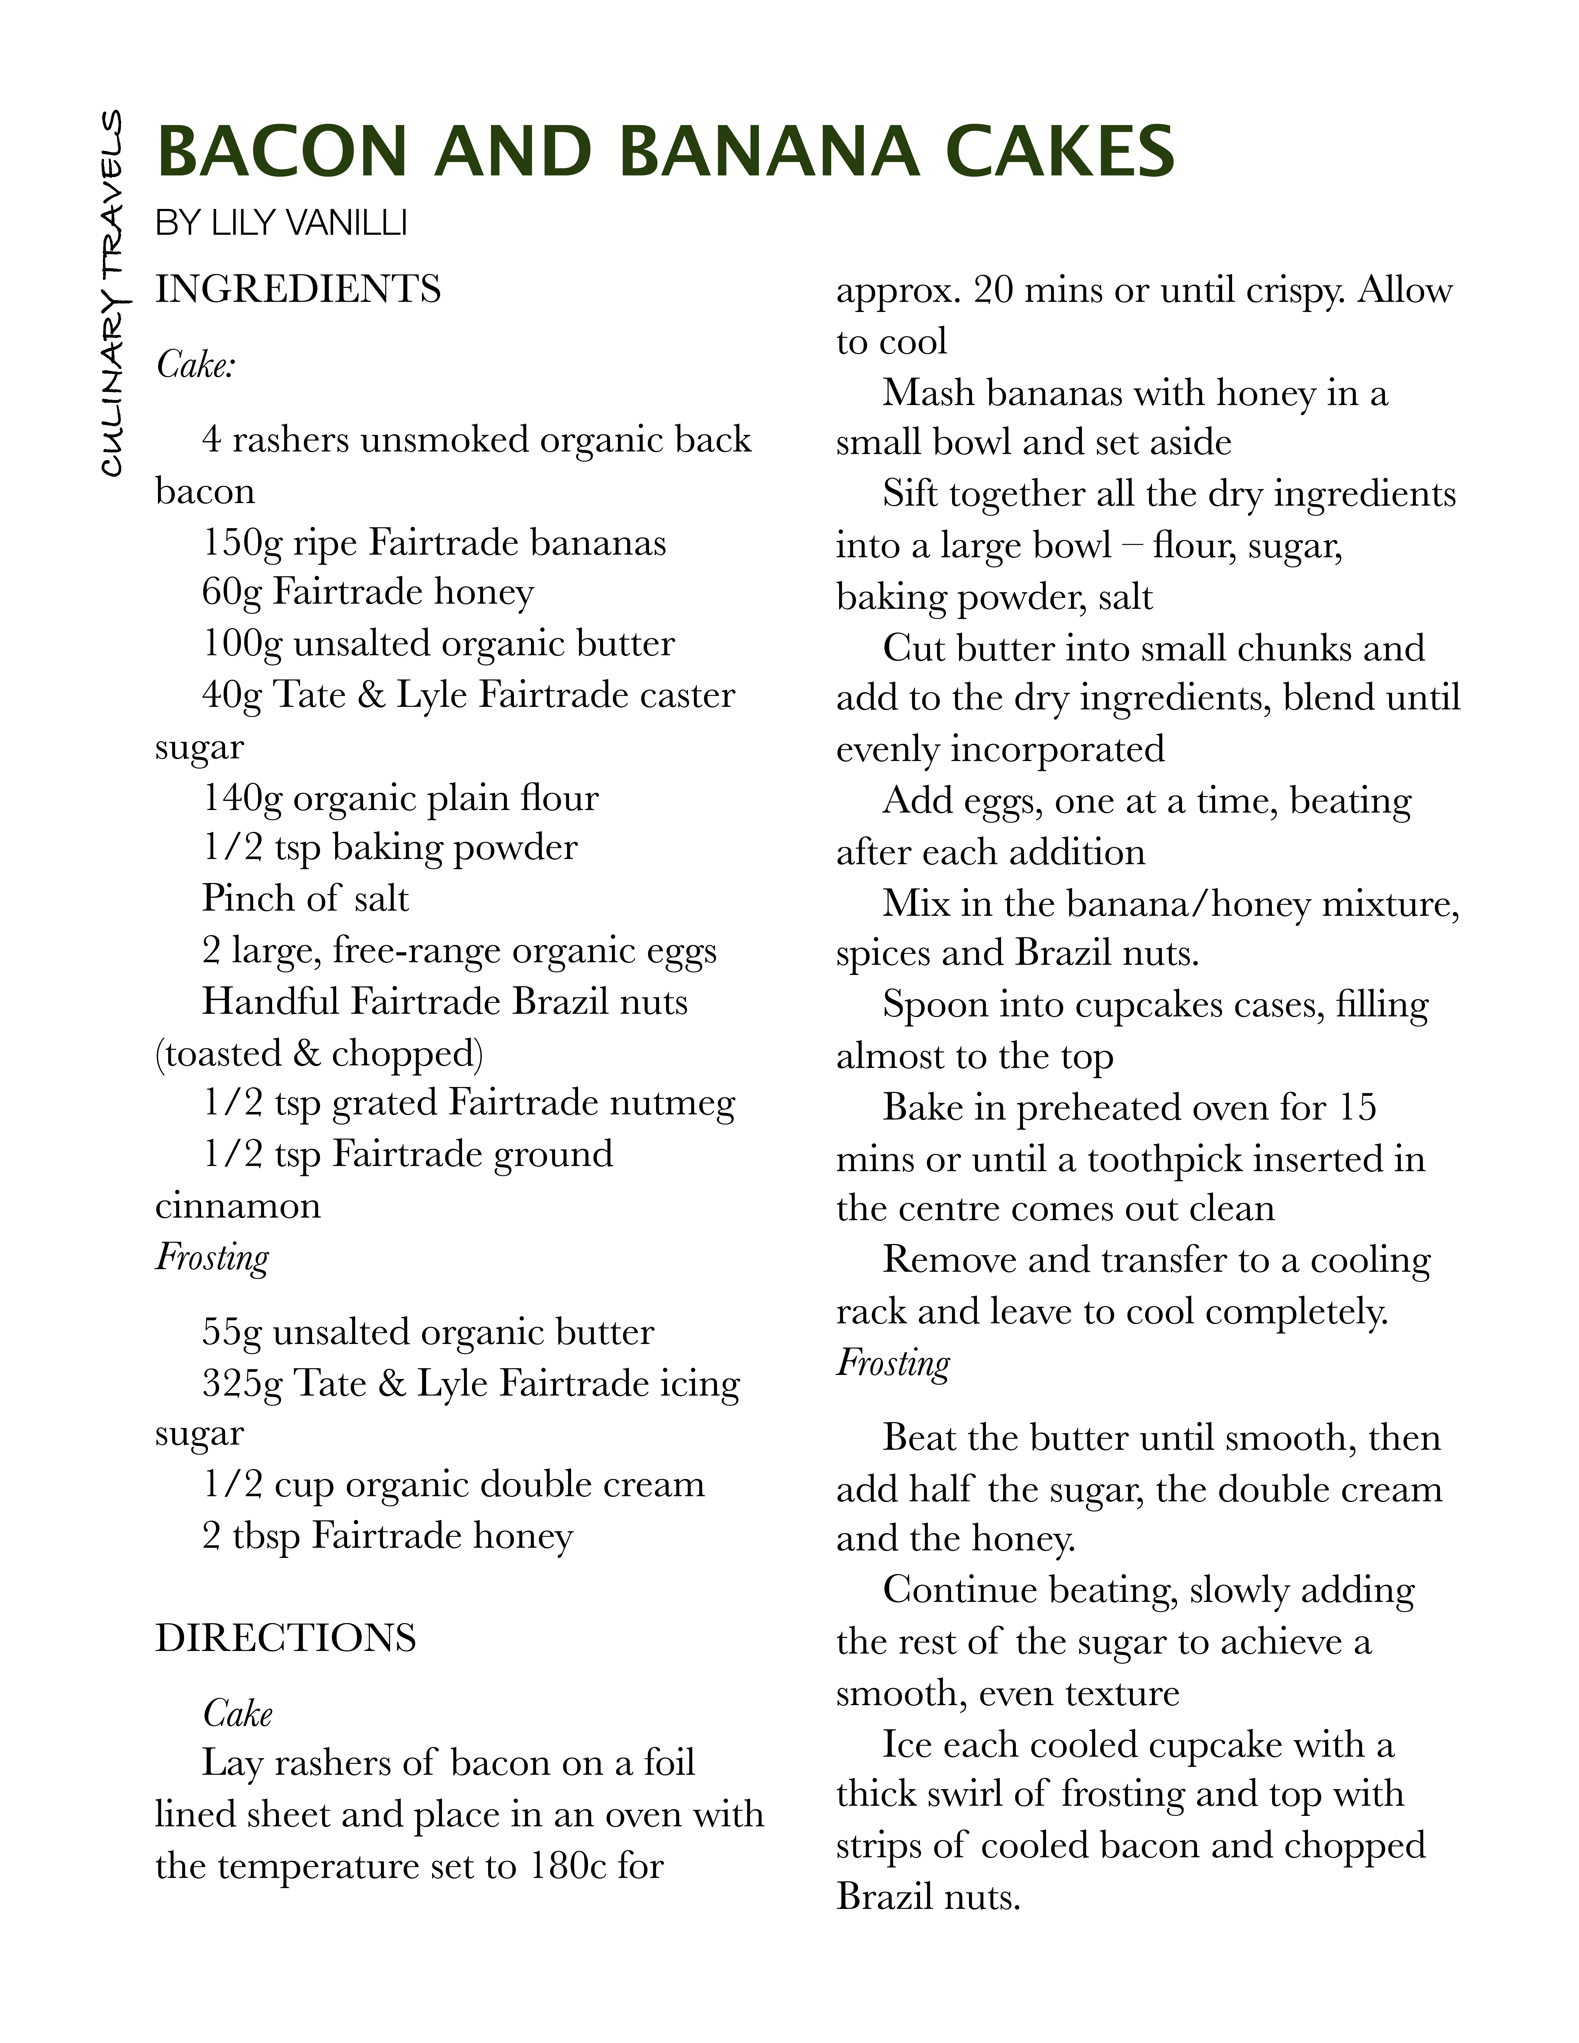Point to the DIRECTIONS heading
[x=285, y=1637]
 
